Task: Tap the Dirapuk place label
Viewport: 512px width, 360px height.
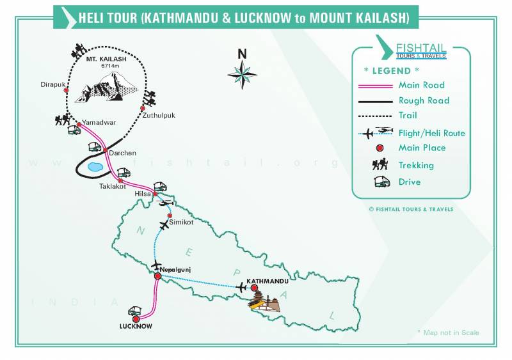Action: (x=51, y=84)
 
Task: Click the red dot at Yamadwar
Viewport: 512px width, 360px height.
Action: (x=79, y=124)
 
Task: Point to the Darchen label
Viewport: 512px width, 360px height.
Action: (x=122, y=153)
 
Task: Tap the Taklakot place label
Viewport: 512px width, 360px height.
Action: (x=113, y=187)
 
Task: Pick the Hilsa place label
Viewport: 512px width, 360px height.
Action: (x=142, y=192)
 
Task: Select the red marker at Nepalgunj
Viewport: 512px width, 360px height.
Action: (x=157, y=276)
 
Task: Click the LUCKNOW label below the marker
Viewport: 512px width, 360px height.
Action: (x=136, y=326)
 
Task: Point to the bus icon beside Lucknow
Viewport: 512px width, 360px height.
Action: (x=135, y=311)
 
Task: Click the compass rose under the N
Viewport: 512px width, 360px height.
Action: (x=242, y=75)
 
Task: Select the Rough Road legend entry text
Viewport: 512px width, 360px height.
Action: (x=424, y=100)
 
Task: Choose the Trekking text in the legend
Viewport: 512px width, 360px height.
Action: (x=416, y=165)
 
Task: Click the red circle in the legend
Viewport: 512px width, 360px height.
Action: (x=380, y=148)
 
